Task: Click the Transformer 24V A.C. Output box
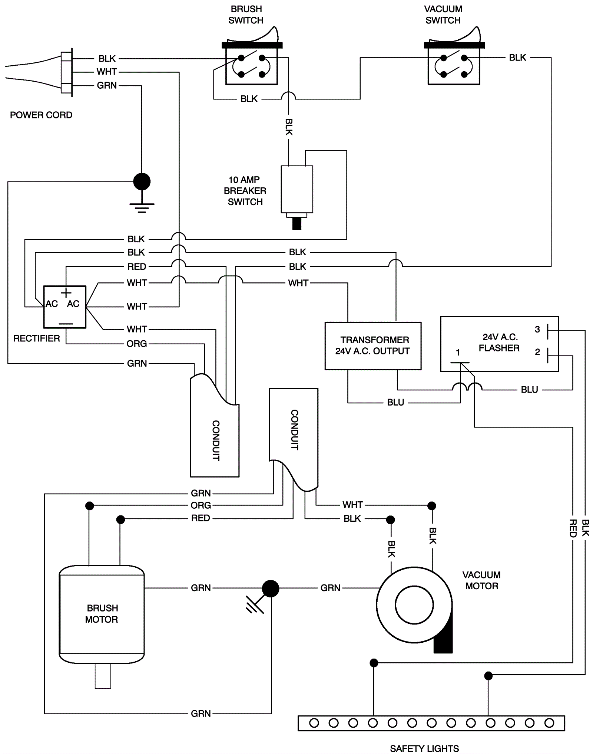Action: coord(372,345)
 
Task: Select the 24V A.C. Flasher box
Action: coord(499,344)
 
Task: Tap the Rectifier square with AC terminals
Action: coord(64,307)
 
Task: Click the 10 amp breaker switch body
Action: coord(296,189)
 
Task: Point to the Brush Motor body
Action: coord(102,614)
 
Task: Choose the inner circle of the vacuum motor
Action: coord(414,604)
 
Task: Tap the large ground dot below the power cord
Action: coord(142,181)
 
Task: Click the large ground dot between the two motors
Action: coord(270,589)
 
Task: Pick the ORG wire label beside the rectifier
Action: coord(137,344)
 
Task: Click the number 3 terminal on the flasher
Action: coord(537,330)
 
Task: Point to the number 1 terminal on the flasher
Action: coord(458,353)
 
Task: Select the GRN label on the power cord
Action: coord(107,86)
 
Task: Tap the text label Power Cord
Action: coord(41,115)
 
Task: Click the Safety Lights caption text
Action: coord(424,748)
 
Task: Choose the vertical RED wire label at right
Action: coord(573,528)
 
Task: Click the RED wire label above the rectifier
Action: coord(136,267)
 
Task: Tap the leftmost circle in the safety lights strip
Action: coord(314,723)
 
